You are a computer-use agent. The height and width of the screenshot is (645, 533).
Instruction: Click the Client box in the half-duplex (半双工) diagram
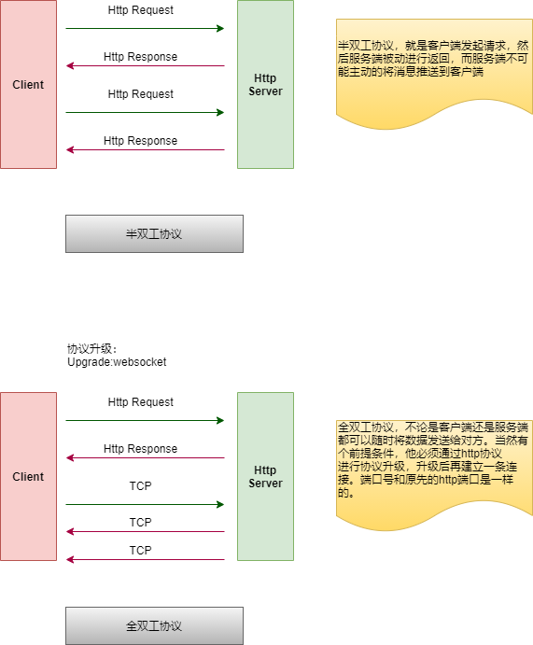tap(28, 84)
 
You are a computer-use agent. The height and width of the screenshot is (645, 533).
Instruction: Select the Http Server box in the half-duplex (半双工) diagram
tap(265, 84)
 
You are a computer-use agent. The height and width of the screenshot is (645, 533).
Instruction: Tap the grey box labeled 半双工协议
tap(154, 233)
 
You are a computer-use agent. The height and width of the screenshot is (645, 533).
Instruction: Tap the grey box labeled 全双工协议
tap(154, 625)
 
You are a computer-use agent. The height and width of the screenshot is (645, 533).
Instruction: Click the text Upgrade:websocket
tap(117, 362)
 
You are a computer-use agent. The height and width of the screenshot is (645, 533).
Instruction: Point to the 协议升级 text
tap(90, 349)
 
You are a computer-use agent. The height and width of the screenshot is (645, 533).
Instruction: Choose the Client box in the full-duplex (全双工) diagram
tap(28, 476)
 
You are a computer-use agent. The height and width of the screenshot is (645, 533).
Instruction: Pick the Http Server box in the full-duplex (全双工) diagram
tap(265, 476)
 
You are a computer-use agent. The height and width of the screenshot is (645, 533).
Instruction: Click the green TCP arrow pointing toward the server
tap(145, 504)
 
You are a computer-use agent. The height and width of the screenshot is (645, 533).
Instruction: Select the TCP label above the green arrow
tap(140, 485)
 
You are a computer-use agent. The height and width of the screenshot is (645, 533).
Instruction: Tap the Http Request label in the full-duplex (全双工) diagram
tap(141, 402)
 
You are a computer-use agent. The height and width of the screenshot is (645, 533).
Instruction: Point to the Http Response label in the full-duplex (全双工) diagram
tap(141, 448)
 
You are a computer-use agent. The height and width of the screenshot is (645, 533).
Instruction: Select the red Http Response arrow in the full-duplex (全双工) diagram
tap(146, 457)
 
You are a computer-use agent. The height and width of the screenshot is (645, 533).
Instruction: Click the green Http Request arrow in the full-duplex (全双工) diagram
tap(145, 420)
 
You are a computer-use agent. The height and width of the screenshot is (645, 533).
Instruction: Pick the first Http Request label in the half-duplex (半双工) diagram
tap(141, 10)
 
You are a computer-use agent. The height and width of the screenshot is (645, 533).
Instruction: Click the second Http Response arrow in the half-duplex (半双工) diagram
tap(146, 149)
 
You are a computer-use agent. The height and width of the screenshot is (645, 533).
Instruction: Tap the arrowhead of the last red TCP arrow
tap(69, 559)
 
